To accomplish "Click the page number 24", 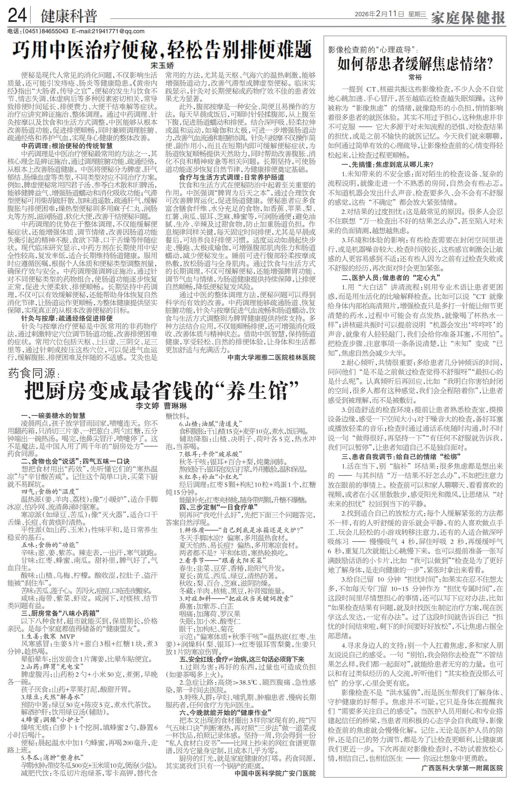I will pyautogui.click(x=18, y=16).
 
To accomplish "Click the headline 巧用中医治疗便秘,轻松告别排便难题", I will pyautogui.click(x=162, y=50).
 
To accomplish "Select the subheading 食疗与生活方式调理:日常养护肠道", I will pyautogui.click(x=231, y=177).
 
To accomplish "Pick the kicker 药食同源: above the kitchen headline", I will pyautogui.click(x=34, y=373).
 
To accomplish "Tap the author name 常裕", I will pyautogui.click(x=415, y=77).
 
